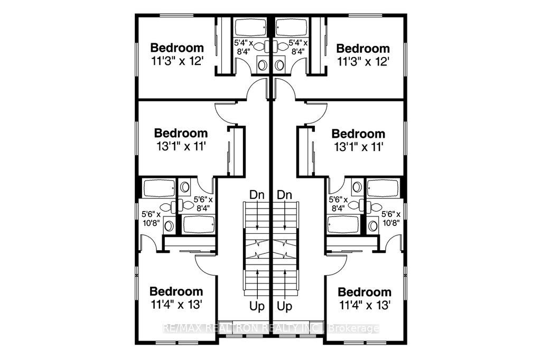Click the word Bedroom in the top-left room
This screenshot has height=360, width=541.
pos(176,46)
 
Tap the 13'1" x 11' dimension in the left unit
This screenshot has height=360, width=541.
pos(181,146)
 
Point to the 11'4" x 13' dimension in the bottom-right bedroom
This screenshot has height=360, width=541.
pos(364,305)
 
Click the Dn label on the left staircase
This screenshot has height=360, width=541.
pos(257,194)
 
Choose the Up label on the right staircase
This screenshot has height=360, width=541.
pos(285,305)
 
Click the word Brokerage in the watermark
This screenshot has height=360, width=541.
pos(354,328)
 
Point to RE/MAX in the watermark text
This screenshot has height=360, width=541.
pos(178,328)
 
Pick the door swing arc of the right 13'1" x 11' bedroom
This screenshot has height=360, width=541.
pos(316,112)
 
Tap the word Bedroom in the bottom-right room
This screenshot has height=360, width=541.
pos(365,292)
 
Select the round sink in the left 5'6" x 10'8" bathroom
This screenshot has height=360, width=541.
pos(169,226)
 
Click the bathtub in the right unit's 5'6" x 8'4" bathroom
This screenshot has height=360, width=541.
pos(343,225)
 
